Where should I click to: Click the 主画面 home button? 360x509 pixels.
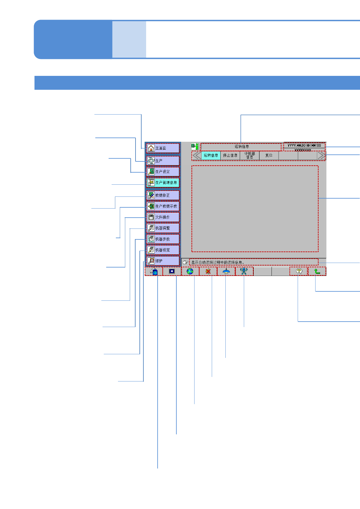[163, 148]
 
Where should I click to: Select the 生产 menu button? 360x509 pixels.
[163, 160]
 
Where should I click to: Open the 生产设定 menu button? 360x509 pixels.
[163, 172]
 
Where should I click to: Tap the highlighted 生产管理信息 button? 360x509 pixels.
[163, 183]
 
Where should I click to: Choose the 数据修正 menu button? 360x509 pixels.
[163, 195]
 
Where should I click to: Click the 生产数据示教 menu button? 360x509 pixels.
[163, 206]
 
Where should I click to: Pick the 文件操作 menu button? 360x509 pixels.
[163, 217]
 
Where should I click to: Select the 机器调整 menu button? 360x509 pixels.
[163, 228]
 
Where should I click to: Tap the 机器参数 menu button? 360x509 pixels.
[163, 239]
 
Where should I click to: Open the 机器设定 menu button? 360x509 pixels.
[163, 250]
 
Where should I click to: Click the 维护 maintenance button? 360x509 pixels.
[163, 261]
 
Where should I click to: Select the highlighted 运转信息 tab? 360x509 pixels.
[211, 155]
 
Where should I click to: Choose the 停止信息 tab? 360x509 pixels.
[230, 155]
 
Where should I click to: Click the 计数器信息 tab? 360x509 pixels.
[250, 155]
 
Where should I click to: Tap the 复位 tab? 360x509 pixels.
[269, 155]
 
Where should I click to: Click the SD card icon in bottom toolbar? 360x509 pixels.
[154, 271]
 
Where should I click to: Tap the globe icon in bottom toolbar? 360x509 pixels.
[190, 271]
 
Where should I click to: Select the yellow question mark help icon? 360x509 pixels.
[299, 271]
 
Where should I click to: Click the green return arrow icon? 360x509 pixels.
[317, 271]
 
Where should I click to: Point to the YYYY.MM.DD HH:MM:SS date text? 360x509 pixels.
[304, 145]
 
